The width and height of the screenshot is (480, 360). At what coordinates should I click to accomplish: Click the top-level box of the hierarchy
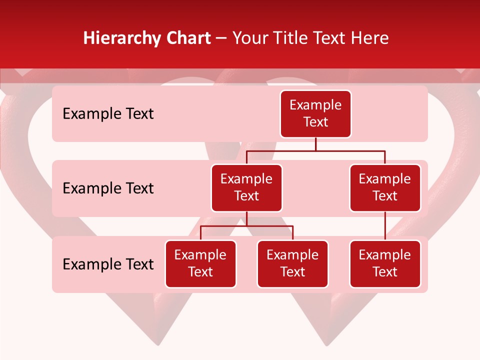coord(315,113)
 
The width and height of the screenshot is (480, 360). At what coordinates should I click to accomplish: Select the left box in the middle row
coord(246,187)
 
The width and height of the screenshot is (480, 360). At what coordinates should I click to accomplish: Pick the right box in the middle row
coord(385,187)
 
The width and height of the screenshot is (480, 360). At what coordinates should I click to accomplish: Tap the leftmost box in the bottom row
coord(200,263)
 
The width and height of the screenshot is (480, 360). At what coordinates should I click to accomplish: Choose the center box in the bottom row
coord(292,263)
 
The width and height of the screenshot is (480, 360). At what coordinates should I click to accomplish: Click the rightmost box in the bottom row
coord(385,263)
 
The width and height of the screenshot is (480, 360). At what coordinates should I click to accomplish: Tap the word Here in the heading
coord(369,38)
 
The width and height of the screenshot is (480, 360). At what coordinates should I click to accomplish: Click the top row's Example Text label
coord(108,114)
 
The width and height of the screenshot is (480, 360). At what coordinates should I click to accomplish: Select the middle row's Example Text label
coord(108,188)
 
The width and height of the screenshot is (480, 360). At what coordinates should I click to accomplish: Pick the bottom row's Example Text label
coord(108,264)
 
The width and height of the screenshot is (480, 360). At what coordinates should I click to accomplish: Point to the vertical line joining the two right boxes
coord(385,226)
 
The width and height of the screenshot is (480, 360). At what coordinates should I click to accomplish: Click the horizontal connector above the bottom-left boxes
coord(246,226)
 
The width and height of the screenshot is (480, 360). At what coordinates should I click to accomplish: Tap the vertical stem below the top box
coord(315,144)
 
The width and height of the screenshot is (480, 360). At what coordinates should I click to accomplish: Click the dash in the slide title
coord(221,38)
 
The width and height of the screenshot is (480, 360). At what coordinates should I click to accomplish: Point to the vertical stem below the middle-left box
coord(246,219)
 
